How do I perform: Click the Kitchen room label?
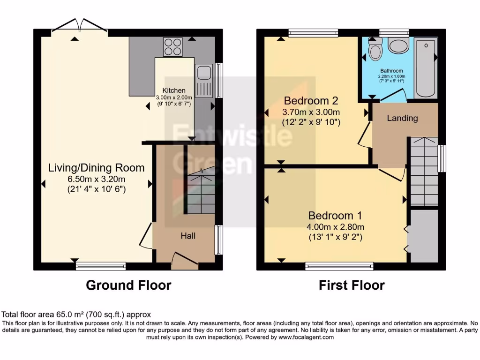click(174, 90)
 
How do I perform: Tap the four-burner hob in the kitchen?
click(172, 47)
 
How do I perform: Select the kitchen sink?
click(203, 81)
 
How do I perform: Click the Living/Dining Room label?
click(97, 168)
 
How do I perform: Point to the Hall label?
click(188, 236)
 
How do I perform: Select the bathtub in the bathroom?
click(426, 67)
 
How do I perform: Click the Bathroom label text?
click(391, 71)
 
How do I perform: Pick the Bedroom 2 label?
click(311, 100)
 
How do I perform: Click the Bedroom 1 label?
click(335, 216)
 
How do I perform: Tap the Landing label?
click(402, 118)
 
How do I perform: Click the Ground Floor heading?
click(128, 285)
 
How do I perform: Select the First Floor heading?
click(352, 285)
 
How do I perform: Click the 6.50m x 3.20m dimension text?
click(97, 179)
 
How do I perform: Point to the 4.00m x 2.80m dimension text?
click(336, 227)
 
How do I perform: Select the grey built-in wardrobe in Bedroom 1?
click(424, 236)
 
